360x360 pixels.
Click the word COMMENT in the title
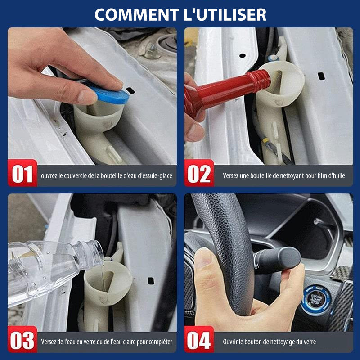137,15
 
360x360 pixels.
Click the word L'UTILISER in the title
225,15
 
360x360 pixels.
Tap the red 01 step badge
22,173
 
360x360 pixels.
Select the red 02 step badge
199,173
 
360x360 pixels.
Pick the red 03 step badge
22,339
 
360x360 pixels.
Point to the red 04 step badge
199,339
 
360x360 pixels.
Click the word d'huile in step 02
337,175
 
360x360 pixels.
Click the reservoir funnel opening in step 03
108,279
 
